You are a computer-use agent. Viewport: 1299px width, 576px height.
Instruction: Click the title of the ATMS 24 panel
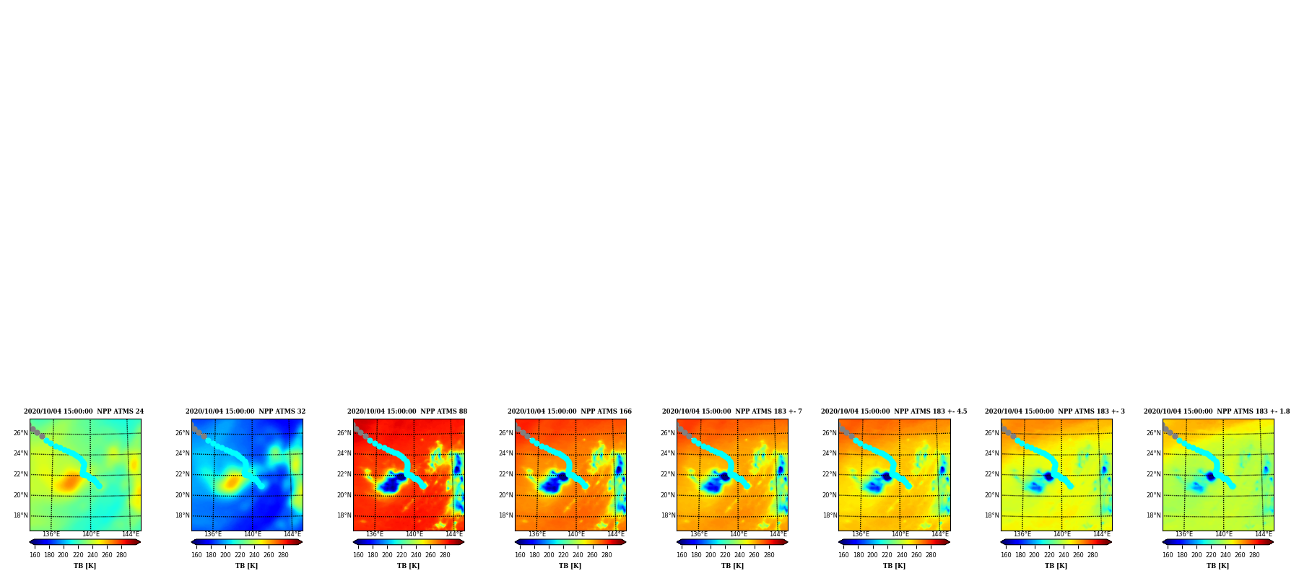coord(84,411)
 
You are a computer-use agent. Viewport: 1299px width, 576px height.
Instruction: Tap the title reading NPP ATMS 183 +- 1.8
coord(1217,411)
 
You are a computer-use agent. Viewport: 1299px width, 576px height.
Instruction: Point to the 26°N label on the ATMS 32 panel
coord(182,433)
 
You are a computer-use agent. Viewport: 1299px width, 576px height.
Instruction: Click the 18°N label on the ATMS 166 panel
coord(505,515)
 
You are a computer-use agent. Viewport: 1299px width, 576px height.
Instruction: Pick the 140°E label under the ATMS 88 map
coord(414,534)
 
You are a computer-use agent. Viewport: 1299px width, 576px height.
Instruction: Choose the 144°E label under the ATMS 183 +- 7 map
coord(778,534)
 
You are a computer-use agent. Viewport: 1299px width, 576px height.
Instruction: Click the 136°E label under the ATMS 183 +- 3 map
coord(1022,534)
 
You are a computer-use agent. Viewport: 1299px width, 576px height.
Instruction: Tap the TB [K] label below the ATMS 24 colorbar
coord(84,566)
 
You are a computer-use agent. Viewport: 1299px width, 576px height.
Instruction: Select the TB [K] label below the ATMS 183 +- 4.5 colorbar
coord(894,566)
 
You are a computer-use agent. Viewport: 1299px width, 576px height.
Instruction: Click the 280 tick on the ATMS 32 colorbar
coord(283,555)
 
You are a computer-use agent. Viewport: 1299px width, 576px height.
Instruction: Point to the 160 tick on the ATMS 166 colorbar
coord(520,555)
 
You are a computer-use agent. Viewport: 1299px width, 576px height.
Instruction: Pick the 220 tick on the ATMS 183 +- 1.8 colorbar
coord(1211,555)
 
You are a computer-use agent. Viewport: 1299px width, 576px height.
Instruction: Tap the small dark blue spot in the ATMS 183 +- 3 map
coord(1048,476)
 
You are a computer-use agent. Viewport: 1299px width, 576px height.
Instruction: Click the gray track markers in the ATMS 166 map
coord(523,432)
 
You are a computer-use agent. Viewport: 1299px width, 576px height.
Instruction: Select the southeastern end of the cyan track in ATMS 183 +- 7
coord(747,486)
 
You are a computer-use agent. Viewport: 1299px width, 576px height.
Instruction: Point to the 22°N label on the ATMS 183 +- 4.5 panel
coord(830,474)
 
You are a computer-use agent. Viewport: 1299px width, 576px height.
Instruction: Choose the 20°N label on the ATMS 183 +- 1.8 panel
coord(1153,495)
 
